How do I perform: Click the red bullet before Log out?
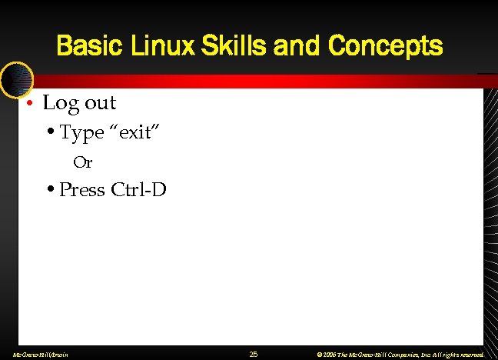[x=28, y=103]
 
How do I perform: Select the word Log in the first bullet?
[x=59, y=102]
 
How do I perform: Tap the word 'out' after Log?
[x=99, y=102]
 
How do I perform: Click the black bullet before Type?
[x=50, y=133]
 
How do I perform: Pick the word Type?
[x=81, y=133]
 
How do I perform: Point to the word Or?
[x=82, y=162]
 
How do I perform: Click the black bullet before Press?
[x=50, y=189]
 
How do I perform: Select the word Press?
[x=82, y=189]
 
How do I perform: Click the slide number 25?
[x=254, y=354]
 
